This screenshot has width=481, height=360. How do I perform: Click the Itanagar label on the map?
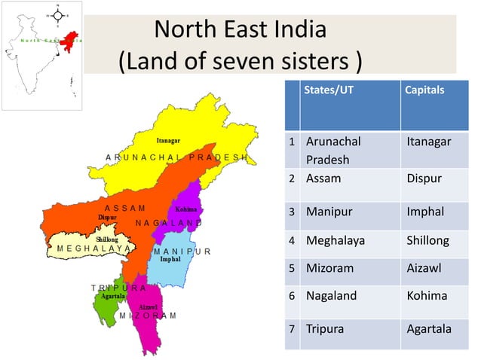pos(168,141)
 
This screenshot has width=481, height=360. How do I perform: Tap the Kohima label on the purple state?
pos(185,209)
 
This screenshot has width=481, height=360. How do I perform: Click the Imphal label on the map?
pos(170,259)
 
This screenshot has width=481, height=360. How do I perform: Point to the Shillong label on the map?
pos(106,239)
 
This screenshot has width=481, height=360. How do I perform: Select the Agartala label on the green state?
pos(112,296)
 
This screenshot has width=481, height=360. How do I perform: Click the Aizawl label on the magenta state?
pos(149,308)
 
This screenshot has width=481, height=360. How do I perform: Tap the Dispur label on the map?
pos(107,217)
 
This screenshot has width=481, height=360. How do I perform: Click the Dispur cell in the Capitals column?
pos(424,179)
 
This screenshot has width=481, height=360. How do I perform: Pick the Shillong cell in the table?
pos(427,241)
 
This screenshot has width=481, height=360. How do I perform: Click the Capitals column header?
pos(424,90)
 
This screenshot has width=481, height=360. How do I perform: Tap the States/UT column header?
pos(325,90)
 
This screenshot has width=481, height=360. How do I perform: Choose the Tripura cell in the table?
pos(324,329)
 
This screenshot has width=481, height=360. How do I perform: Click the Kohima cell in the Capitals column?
pos(426,296)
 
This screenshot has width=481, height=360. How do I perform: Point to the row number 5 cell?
pos(291,267)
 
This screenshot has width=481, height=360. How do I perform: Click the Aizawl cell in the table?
pos(424,267)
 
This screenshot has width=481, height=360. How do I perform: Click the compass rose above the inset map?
pos(57,14)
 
